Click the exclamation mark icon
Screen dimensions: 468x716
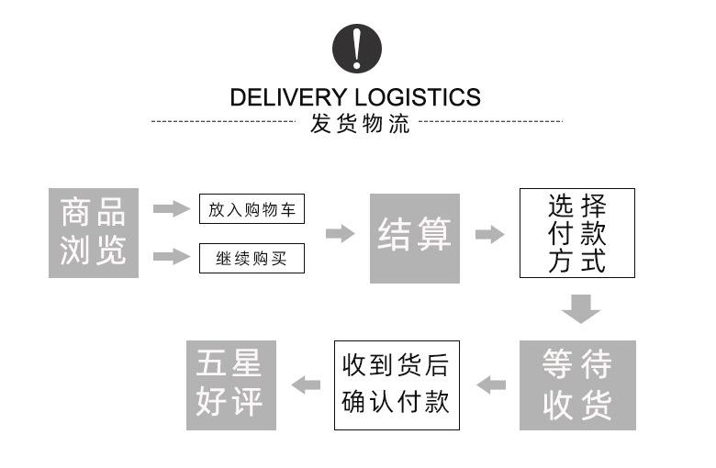pos(356,48)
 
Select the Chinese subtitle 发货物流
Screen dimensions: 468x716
pos(357,124)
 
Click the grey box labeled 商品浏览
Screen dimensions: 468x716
pos(94,233)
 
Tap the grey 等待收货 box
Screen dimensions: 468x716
pos(577,385)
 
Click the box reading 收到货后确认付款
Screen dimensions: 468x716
pos(396,384)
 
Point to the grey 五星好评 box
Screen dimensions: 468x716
pos(230,384)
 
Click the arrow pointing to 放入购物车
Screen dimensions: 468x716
pos(170,210)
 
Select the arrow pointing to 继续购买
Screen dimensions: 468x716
pos(170,256)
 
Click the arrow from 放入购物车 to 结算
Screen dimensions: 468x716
pos(341,234)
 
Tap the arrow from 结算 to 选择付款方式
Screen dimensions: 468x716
pos(490,234)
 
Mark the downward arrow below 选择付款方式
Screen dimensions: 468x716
pos(581,308)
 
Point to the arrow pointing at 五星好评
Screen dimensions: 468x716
pos(306,384)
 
